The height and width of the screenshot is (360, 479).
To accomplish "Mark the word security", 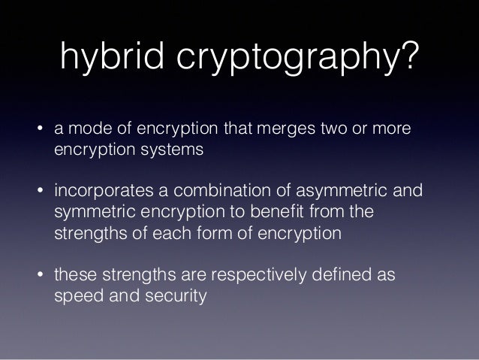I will [x=173, y=296].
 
